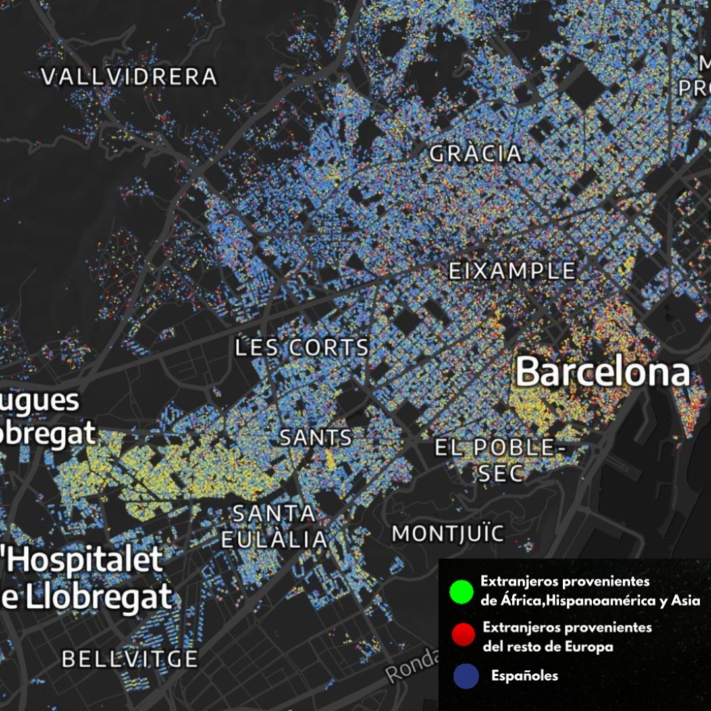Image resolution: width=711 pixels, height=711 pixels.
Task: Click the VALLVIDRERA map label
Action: click(x=129, y=77)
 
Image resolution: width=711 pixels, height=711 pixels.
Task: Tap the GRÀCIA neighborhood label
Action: click(x=476, y=154)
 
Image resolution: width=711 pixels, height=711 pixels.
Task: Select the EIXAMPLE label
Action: click(x=512, y=271)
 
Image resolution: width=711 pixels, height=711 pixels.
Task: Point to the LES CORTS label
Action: click(x=302, y=348)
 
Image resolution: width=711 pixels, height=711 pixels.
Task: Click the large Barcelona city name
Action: click(x=602, y=373)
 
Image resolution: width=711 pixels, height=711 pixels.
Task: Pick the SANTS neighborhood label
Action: click(x=316, y=438)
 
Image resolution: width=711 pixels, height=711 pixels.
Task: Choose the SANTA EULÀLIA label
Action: click(x=274, y=526)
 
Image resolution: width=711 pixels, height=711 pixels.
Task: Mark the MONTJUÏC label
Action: click(x=448, y=534)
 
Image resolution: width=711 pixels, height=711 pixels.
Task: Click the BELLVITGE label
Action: click(x=130, y=659)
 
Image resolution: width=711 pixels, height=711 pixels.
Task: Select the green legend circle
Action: click(x=461, y=591)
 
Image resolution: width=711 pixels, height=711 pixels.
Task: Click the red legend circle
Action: click(x=463, y=635)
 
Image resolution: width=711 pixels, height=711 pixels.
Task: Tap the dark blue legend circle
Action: click(x=466, y=676)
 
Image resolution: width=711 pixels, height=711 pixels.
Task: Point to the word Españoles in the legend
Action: click(x=525, y=676)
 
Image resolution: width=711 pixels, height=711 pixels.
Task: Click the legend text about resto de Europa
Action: click(x=566, y=637)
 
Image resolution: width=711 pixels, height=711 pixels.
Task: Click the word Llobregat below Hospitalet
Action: click(x=95, y=598)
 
